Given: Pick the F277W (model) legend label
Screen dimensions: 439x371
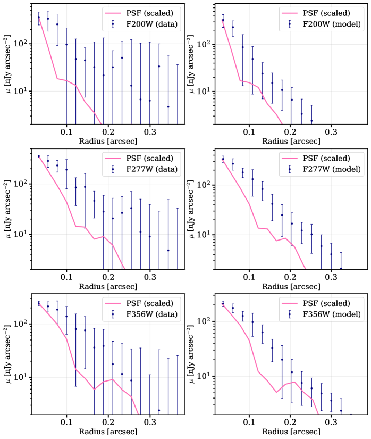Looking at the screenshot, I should pos(333,169).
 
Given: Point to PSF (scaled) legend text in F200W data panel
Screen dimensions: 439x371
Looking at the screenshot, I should pos(150,12).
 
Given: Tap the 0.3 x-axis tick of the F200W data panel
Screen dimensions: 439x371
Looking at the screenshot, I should pos(150,131).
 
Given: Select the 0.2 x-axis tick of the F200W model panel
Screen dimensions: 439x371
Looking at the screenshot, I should pos(290,131).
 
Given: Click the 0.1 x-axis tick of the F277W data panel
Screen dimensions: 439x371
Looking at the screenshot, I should pos(66,277).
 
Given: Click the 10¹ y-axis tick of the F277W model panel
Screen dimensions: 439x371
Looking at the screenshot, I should pos(205,234).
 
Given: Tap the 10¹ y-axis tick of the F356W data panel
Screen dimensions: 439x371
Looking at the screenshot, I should pos(21,377).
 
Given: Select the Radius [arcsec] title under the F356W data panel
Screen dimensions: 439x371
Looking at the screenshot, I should pos(108,431).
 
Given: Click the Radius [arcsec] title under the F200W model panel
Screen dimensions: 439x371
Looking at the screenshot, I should pos(290,140).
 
